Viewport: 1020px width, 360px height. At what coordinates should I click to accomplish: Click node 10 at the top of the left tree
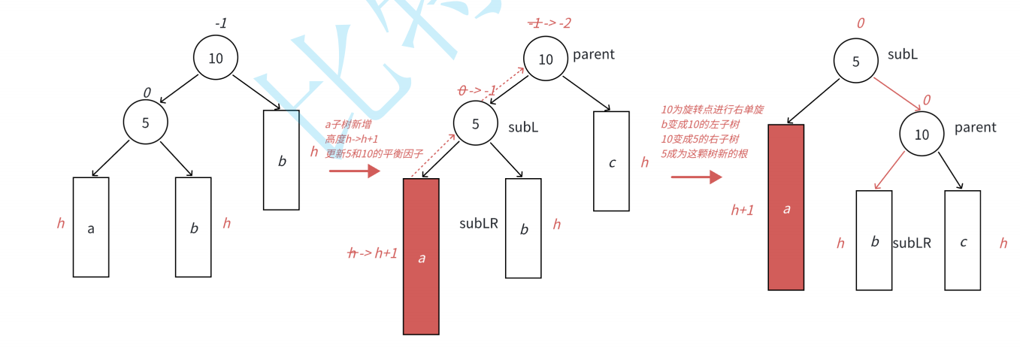pyautogui.click(x=216, y=58)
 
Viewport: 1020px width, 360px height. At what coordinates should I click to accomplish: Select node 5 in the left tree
pyautogui.click(x=146, y=123)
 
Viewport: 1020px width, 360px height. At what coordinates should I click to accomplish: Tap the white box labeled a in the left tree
pyautogui.click(x=91, y=227)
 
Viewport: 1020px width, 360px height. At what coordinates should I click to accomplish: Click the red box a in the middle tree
pyautogui.click(x=421, y=256)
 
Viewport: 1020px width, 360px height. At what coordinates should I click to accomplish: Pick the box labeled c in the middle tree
pyautogui.click(x=611, y=161)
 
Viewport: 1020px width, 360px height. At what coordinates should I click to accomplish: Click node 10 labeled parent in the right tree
pyautogui.click(x=922, y=135)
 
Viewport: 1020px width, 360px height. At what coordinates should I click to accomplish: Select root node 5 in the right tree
pyautogui.click(x=855, y=62)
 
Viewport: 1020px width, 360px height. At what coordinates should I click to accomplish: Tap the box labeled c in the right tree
pyautogui.click(x=963, y=241)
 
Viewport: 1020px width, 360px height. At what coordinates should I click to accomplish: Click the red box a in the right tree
pyautogui.click(x=786, y=207)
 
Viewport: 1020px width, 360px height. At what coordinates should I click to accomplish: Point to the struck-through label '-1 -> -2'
pyautogui.click(x=549, y=23)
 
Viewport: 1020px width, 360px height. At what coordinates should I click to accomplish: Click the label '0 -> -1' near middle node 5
pyautogui.click(x=477, y=91)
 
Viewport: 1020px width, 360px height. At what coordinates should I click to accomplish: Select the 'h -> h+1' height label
pyautogui.click(x=373, y=253)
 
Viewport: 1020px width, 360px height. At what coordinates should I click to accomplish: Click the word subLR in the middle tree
pyautogui.click(x=479, y=223)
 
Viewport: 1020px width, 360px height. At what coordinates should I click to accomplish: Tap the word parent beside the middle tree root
pyautogui.click(x=594, y=54)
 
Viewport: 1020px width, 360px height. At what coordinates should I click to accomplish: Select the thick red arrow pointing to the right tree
pyautogui.click(x=696, y=177)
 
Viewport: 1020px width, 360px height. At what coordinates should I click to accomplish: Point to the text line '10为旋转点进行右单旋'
pyautogui.click(x=713, y=110)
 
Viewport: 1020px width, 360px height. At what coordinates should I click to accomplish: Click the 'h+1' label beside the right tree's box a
pyautogui.click(x=743, y=210)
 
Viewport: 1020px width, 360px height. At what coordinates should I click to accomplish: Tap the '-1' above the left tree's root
pyautogui.click(x=221, y=23)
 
